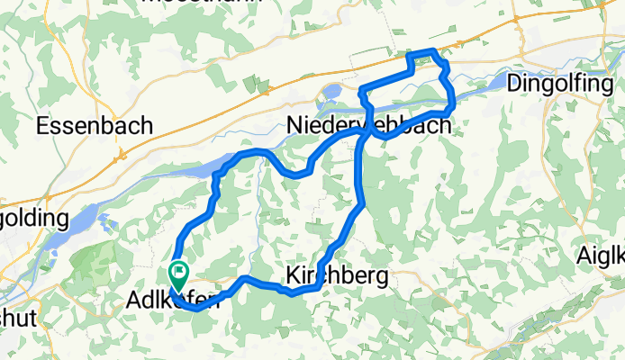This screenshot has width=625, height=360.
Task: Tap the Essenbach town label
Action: pyautogui.click(x=94, y=127)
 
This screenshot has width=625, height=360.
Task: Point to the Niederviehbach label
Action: pyautogui.click(x=368, y=126)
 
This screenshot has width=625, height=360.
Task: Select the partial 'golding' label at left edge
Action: pyautogui.click(x=33, y=219)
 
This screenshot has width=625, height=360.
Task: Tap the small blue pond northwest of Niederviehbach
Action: pyautogui.click(x=330, y=91)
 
